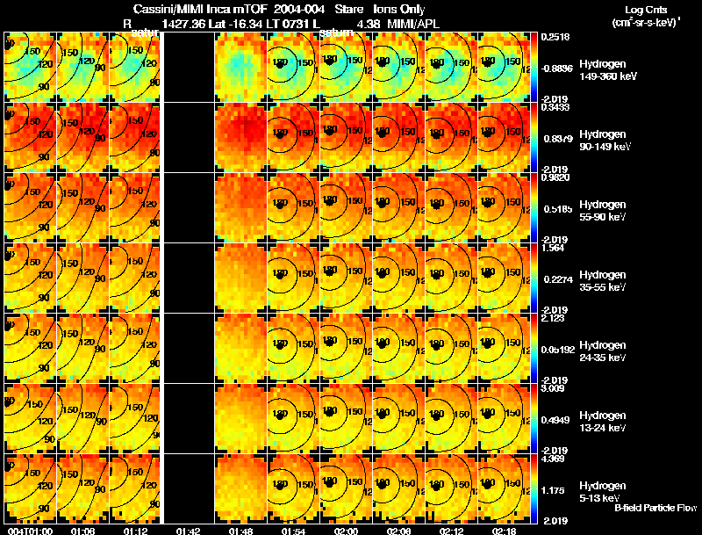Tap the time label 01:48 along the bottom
tap(240, 531)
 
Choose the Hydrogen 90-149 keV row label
tap(601, 141)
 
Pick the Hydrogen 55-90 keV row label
tap(601, 211)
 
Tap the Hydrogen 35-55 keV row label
tap(601, 281)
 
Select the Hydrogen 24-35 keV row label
tap(601, 351)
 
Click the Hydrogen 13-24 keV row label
tap(601, 422)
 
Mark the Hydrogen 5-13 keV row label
tap(601, 492)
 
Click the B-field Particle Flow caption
tap(655, 508)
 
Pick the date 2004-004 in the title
tap(299, 9)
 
